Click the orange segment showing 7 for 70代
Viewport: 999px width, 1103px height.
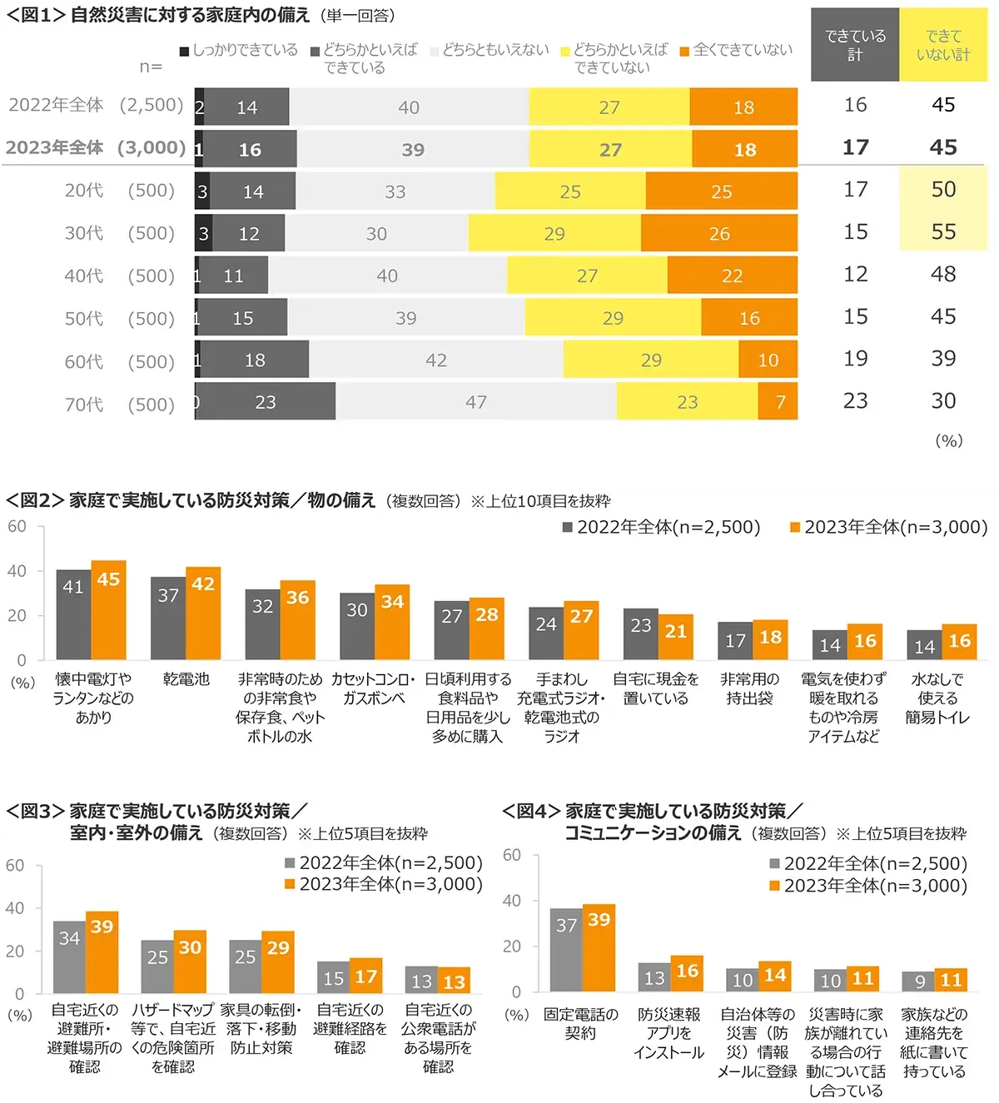click(x=778, y=402)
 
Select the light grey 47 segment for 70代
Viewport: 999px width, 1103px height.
click(x=476, y=402)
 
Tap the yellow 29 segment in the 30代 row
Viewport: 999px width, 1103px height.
click(x=554, y=234)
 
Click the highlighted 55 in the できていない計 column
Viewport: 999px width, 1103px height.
click(x=943, y=231)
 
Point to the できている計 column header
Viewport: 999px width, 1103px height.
click(x=855, y=45)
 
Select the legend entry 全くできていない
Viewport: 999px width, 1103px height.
click(x=736, y=50)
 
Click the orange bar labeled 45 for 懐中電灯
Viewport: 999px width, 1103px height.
click(x=108, y=610)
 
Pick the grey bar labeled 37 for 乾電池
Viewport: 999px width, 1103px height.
click(x=168, y=618)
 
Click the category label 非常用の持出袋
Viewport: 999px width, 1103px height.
click(x=749, y=688)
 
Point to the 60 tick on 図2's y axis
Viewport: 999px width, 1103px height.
click(x=17, y=527)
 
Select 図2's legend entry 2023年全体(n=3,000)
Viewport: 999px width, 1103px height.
click(x=888, y=527)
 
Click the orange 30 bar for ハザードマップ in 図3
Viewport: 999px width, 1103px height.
click(x=190, y=961)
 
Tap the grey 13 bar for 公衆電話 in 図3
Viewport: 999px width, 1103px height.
click(x=421, y=980)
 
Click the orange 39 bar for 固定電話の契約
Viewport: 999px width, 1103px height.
click(x=599, y=947)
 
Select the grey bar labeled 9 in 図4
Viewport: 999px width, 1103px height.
click(x=918, y=981)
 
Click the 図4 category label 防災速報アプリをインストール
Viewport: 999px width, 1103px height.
click(x=668, y=1033)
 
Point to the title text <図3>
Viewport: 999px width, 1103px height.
click(x=35, y=811)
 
